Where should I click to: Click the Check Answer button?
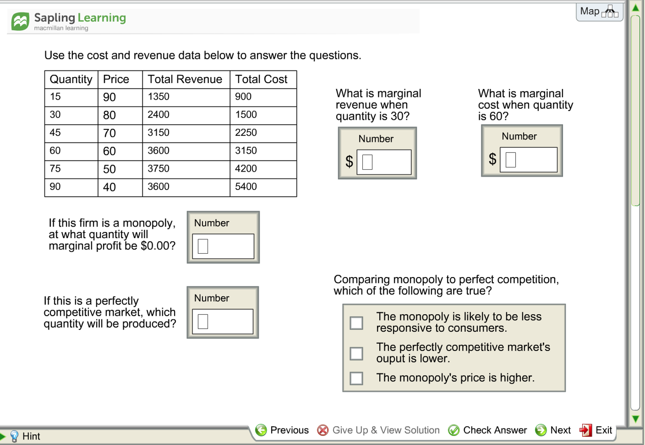click(x=488, y=430)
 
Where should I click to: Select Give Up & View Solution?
click(x=378, y=430)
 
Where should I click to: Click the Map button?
click(x=599, y=12)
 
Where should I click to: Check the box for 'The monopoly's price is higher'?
click(x=356, y=378)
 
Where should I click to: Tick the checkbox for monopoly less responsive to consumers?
click(x=356, y=323)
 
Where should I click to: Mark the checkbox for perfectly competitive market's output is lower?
click(x=356, y=353)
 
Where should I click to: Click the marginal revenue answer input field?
click(x=384, y=162)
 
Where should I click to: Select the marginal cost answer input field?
click(x=528, y=160)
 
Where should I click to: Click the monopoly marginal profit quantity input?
click(x=223, y=246)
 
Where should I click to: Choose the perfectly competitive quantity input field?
click(x=223, y=321)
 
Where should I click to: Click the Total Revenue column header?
click(x=185, y=79)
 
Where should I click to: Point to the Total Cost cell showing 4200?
click(x=246, y=169)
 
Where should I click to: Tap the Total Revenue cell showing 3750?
click(x=159, y=169)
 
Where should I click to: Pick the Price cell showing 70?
click(x=109, y=133)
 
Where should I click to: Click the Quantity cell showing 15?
click(x=55, y=97)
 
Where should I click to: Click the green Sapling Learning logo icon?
click(x=20, y=21)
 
